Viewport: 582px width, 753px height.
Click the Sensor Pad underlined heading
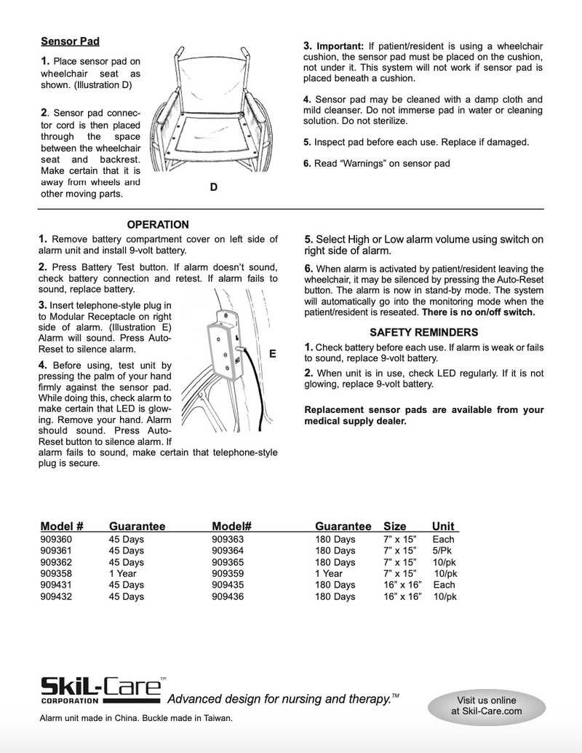(x=70, y=42)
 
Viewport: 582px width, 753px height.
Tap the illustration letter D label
(x=213, y=187)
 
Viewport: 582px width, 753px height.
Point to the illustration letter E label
(x=273, y=354)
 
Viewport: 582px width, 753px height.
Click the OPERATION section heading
(x=158, y=225)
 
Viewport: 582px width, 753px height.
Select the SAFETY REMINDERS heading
(x=423, y=332)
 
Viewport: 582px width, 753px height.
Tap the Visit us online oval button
(x=486, y=706)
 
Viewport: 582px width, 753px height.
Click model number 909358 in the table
(x=56, y=573)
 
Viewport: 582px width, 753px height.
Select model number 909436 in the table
(x=228, y=596)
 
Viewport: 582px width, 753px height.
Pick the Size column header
(x=394, y=526)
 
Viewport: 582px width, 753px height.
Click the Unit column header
(x=443, y=526)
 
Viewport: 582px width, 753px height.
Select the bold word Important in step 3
(x=340, y=47)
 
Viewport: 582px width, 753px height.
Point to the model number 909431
(x=56, y=585)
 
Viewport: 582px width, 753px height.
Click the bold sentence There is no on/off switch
(x=478, y=312)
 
